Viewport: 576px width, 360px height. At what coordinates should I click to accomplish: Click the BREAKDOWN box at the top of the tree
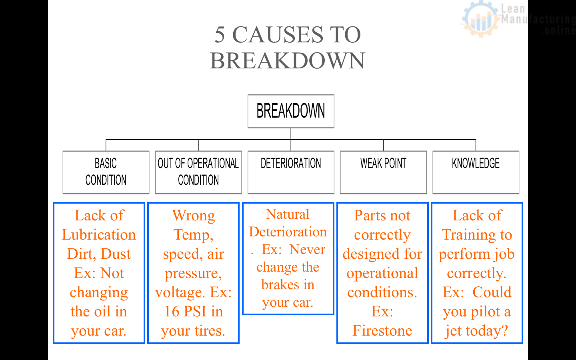(x=291, y=111)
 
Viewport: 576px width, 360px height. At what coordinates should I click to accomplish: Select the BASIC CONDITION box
(x=106, y=172)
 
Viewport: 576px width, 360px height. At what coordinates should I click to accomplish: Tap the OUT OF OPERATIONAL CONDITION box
(x=198, y=172)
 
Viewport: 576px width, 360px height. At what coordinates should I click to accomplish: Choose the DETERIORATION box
(x=291, y=172)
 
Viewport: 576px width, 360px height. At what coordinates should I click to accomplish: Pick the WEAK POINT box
(x=383, y=172)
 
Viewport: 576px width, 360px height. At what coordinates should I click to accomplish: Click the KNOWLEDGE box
(x=476, y=172)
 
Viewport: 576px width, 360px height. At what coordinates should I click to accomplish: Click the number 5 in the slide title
(x=220, y=35)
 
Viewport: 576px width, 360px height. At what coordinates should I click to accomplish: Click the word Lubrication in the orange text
(x=99, y=235)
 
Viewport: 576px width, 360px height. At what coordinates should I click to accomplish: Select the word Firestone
(x=382, y=331)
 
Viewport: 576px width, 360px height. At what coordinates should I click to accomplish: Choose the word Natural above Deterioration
(x=288, y=214)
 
